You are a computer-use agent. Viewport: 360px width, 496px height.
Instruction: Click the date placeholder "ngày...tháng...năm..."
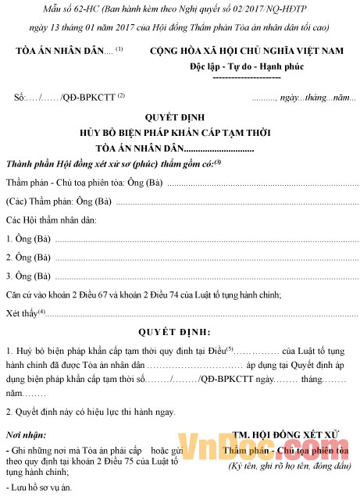(312, 98)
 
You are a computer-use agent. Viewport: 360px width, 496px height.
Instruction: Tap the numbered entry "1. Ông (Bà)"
(29, 239)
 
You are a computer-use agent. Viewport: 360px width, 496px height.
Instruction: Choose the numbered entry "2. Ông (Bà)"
(29, 257)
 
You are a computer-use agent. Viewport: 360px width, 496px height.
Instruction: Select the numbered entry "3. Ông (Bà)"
(29, 276)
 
